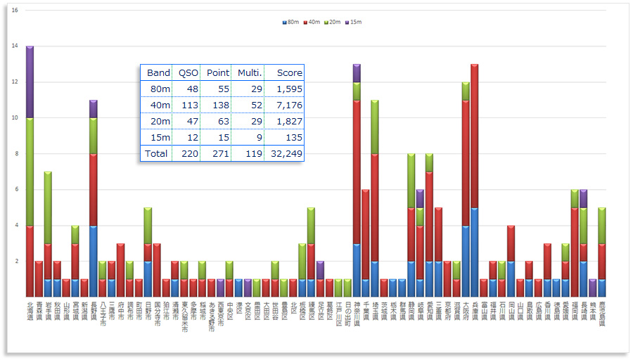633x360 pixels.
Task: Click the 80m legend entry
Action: tap(290, 22)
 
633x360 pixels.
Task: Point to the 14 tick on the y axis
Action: tap(15, 46)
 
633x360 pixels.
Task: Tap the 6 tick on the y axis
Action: tap(15, 190)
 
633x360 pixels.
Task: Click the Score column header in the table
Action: tap(289, 72)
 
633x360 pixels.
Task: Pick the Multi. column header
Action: tap(250, 72)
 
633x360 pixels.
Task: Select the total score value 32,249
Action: tap(285, 153)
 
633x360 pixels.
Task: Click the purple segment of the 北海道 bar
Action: tap(30, 82)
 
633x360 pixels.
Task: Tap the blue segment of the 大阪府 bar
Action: tap(465, 261)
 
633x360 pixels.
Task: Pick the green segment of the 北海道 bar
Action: tap(30, 172)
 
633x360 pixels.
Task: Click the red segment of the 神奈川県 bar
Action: tap(357, 172)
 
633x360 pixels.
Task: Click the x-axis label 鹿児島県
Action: tap(602, 313)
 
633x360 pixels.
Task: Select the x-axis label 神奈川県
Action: tap(357, 313)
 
